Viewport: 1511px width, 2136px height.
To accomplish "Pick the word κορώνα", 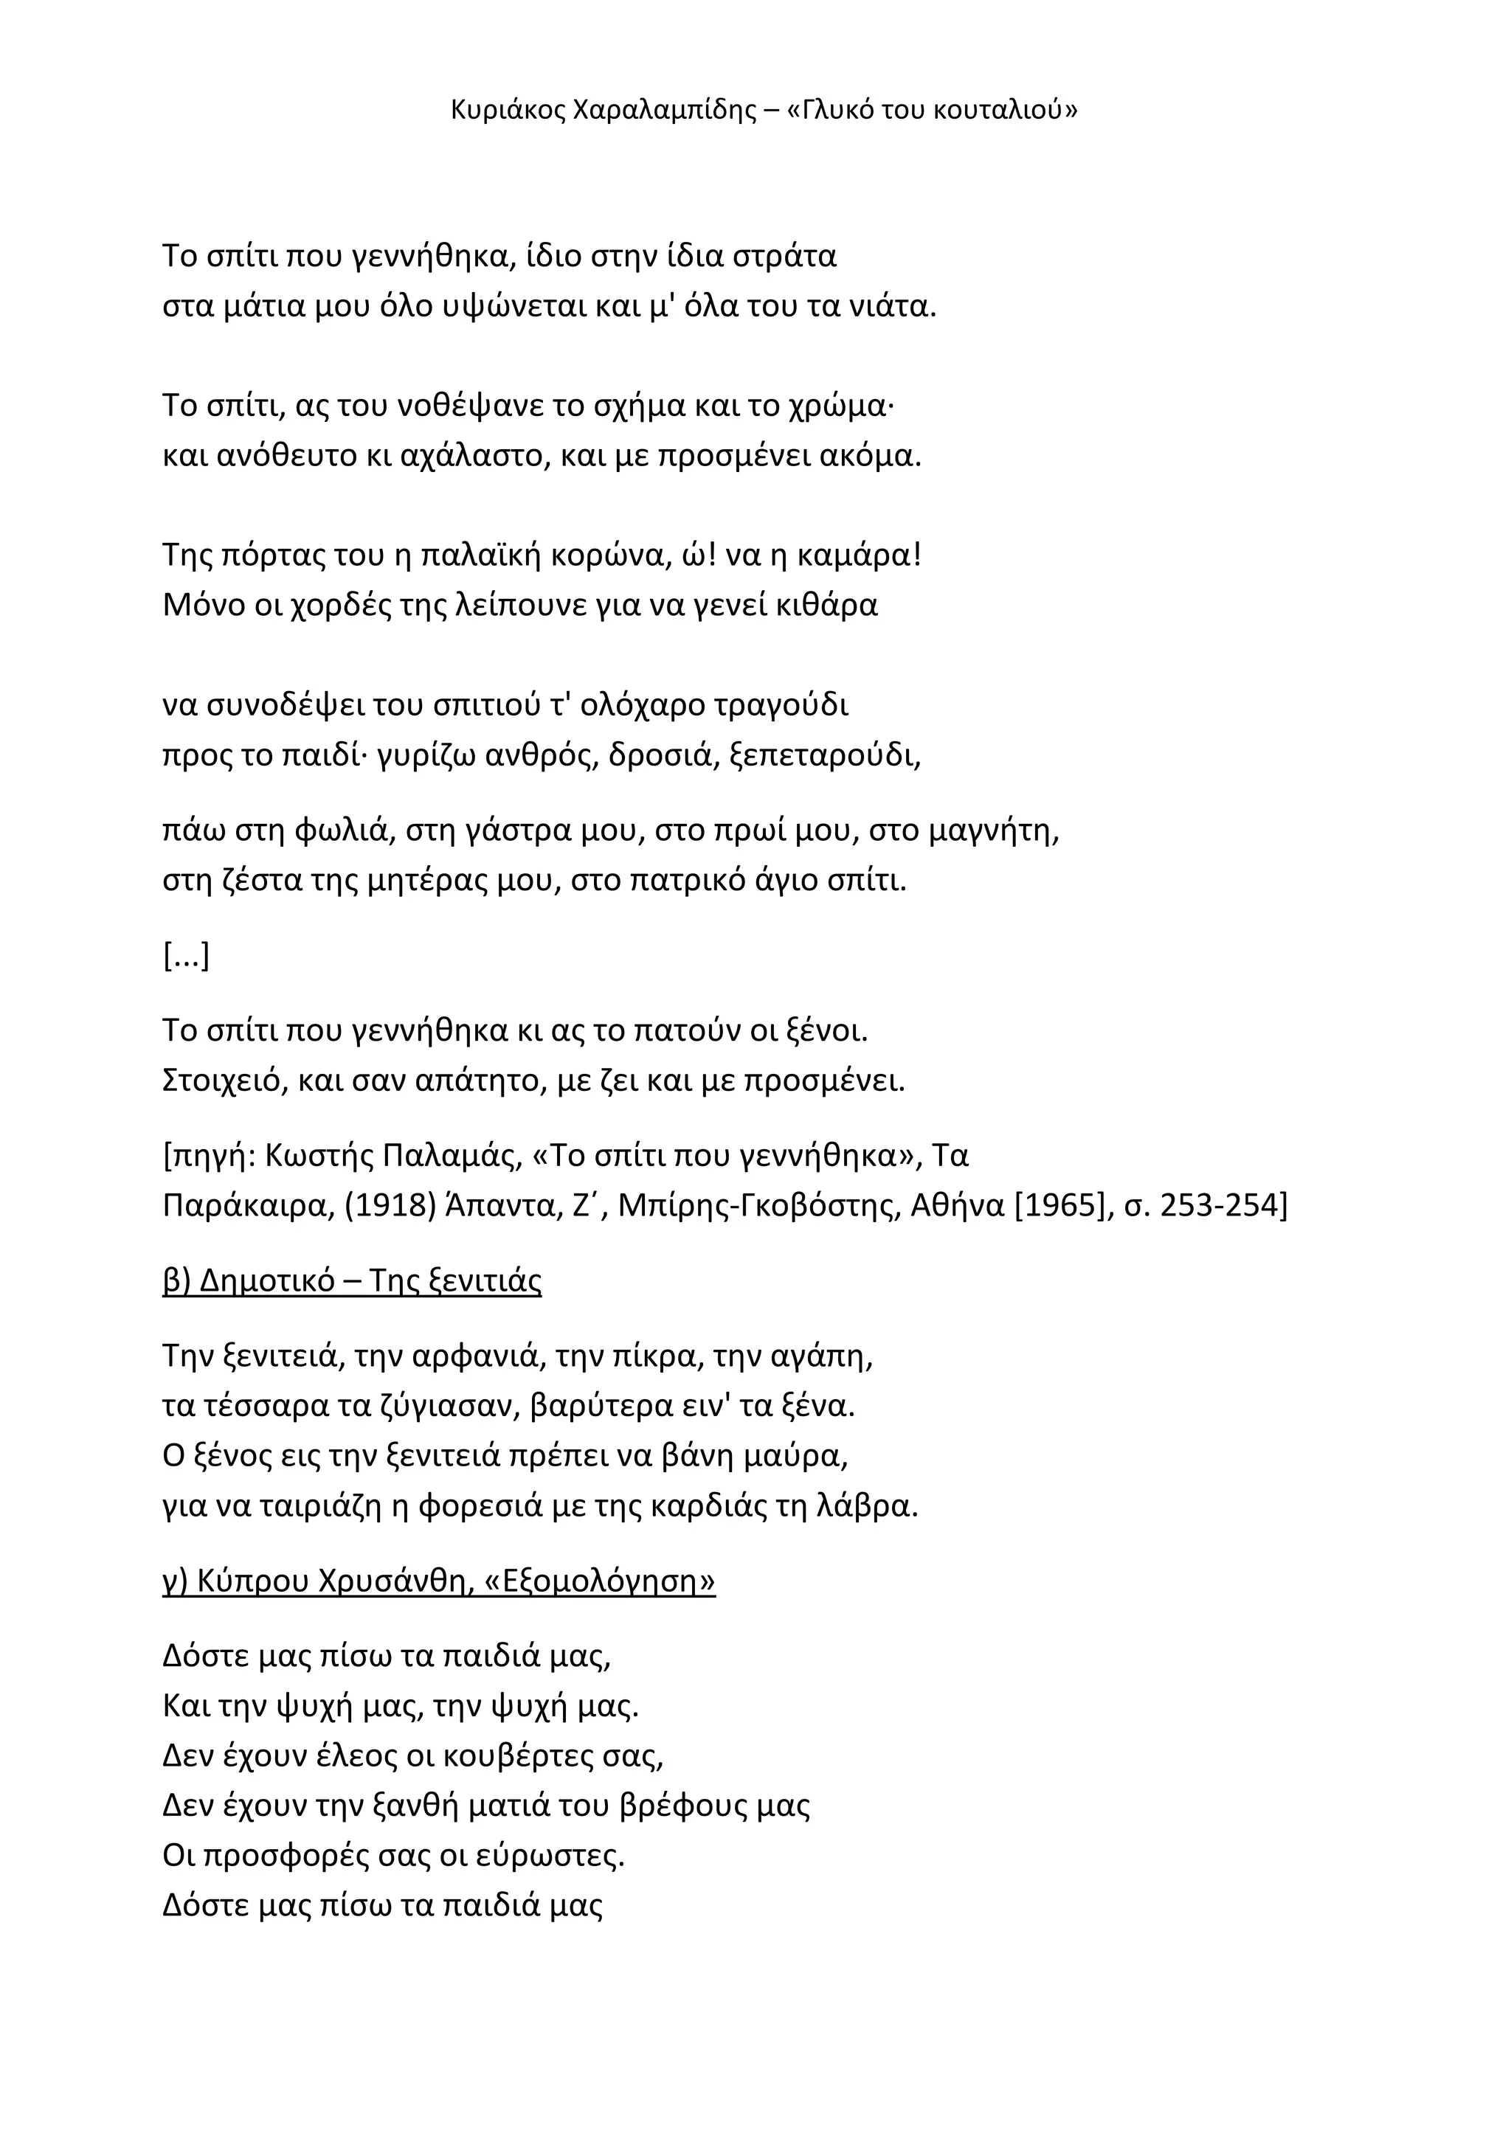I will click(x=606, y=555).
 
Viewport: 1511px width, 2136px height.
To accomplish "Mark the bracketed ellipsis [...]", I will click(x=186, y=957).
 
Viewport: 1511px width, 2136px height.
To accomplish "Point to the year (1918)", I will click(x=391, y=1207).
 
